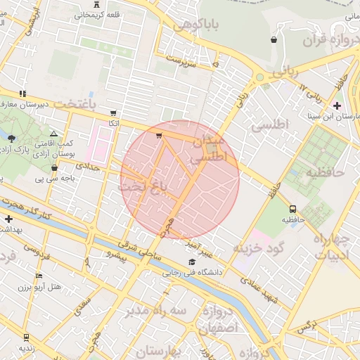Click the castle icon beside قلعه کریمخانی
pyautogui.click(x=96, y=6)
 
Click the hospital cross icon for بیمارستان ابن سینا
pyautogui.click(x=337, y=105)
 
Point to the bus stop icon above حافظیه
pyautogui.click(x=292, y=208)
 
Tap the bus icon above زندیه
pyautogui.click(x=27, y=337)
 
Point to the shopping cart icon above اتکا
pyautogui.click(x=113, y=112)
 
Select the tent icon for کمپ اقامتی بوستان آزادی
pyautogui.click(x=54, y=133)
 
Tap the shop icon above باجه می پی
pyautogui.click(x=55, y=167)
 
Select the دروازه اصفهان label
pyautogui.click(x=217, y=320)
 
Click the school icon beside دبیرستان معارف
pyautogui.click(x=23, y=93)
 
